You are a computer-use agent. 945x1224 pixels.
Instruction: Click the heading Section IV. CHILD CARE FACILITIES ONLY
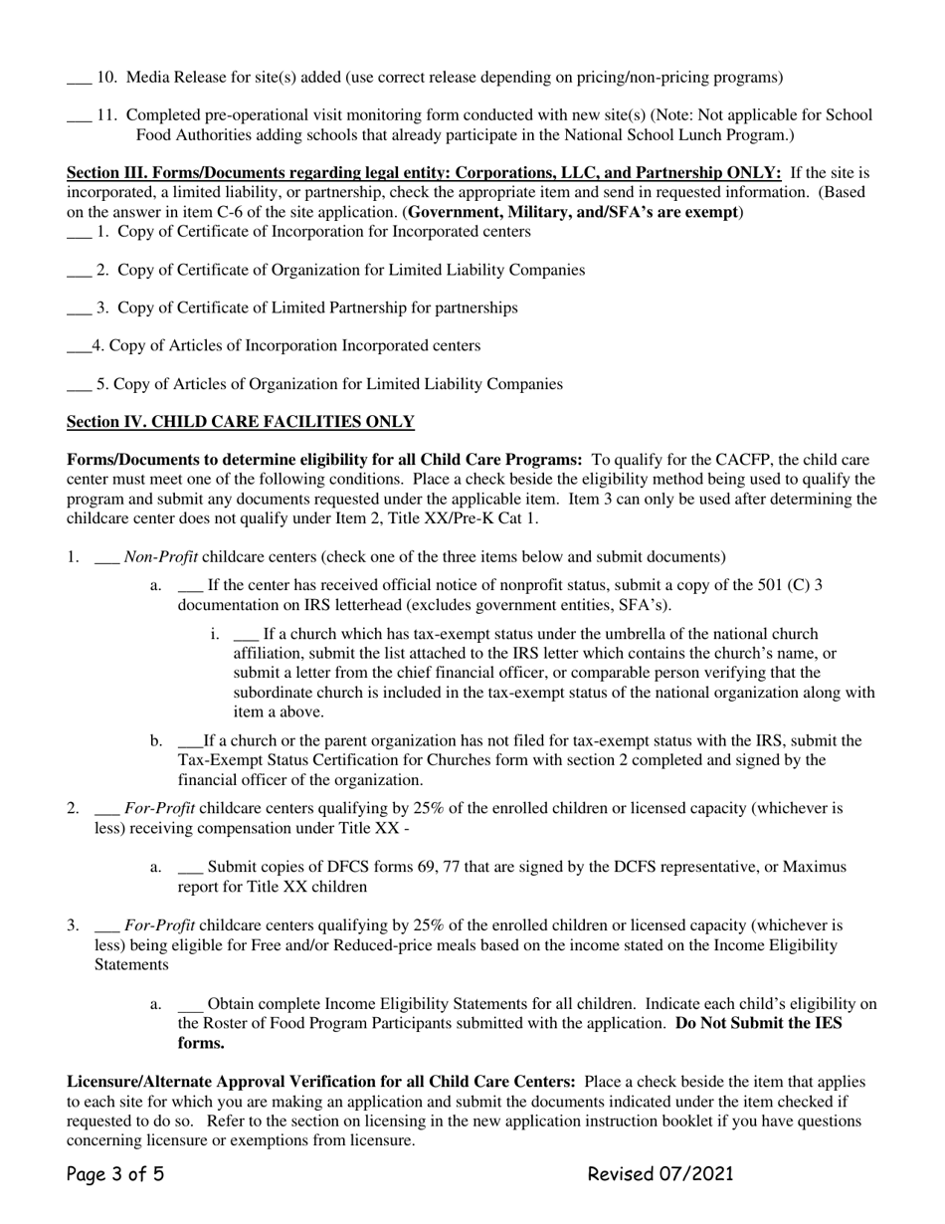click(240, 422)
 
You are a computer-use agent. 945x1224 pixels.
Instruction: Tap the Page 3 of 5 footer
click(114, 1174)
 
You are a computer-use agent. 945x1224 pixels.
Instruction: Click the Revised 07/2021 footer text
click(661, 1174)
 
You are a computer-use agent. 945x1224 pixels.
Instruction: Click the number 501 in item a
click(771, 585)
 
